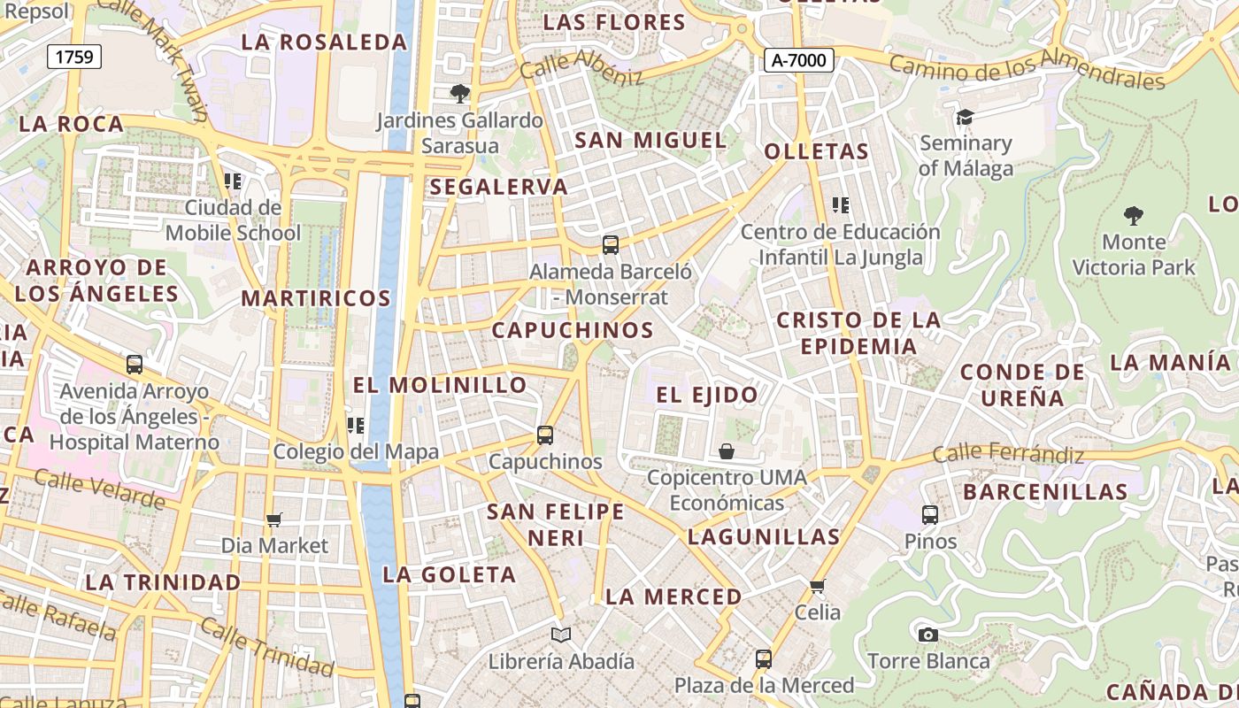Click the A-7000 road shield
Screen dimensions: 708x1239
pyautogui.click(x=799, y=60)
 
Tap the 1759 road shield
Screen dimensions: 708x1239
pyautogui.click(x=73, y=58)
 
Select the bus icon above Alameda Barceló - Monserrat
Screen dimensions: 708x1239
pyautogui.click(x=610, y=245)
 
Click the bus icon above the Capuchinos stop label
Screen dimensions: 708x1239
pyautogui.click(x=545, y=435)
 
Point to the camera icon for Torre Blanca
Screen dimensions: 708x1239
pyautogui.click(x=927, y=635)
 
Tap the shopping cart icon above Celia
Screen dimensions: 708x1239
pyautogui.click(x=817, y=586)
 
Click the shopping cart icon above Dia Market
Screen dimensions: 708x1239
pyautogui.click(x=274, y=519)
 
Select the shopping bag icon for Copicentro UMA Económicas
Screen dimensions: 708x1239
pyautogui.click(x=727, y=451)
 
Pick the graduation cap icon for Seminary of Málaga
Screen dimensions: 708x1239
pyautogui.click(x=965, y=117)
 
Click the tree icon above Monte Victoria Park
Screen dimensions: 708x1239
pyautogui.click(x=1133, y=215)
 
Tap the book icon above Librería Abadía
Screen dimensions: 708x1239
pyautogui.click(x=561, y=635)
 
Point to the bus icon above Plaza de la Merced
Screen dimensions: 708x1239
pyautogui.click(x=763, y=658)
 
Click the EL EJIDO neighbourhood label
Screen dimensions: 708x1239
pyautogui.click(x=707, y=395)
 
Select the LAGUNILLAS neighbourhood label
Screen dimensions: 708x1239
pyautogui.click(x=764, y=536)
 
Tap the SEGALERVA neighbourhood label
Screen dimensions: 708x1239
pyautogui.click(x=499, y=187)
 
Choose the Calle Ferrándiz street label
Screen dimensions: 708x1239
pyautogui.click(x=1008, y=454)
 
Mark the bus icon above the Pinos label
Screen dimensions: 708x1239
pyautogui.click(x=930, y=514)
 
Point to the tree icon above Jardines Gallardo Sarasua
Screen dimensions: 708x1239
pyautogui.click(x=459, y=93)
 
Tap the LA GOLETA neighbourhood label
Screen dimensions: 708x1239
pyautogui.click(x=449, y=574)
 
